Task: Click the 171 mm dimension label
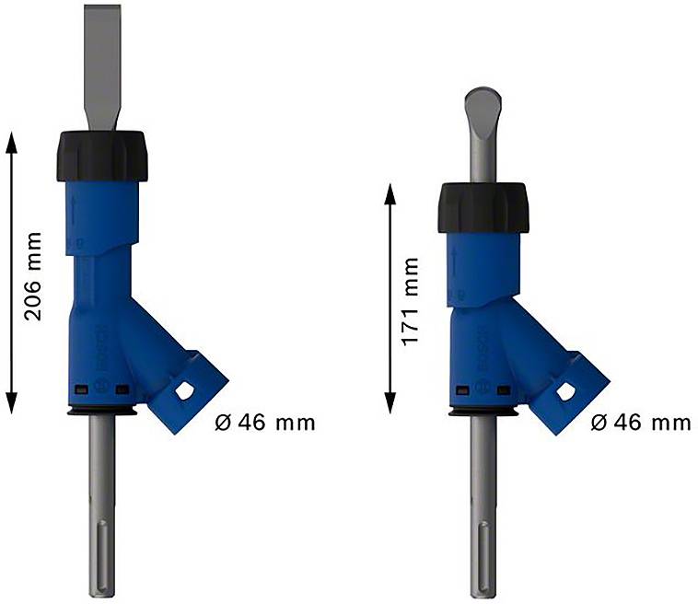coord(411,301)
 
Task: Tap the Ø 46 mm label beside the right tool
coord(641,423)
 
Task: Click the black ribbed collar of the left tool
coord(103,155)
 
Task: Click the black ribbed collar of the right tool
coord(482,208)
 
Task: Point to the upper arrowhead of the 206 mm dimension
coord(11,137)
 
